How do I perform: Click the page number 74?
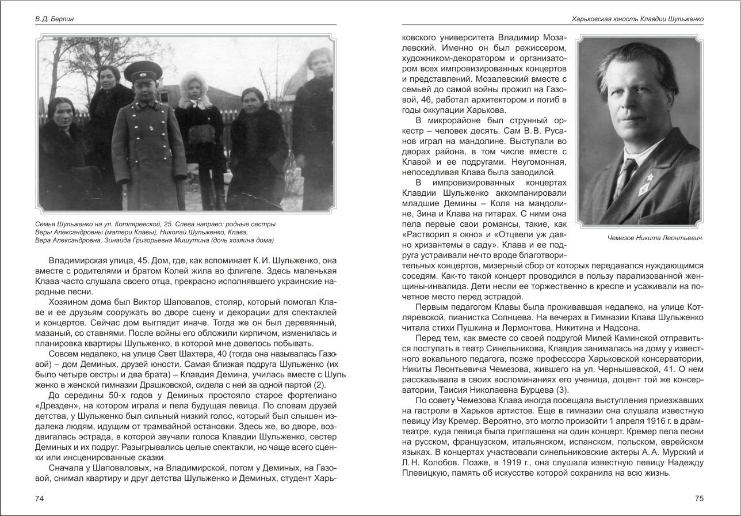pos(40,498)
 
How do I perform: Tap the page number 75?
pos(699,498)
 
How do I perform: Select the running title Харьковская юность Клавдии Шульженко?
pos(637,19)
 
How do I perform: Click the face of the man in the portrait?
pos(639,109)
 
